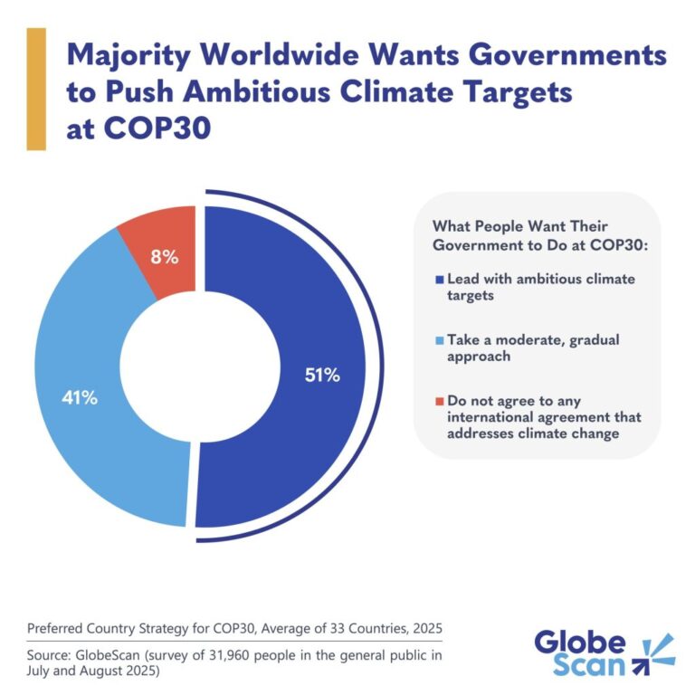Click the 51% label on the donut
point(321,375)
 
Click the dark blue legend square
point(438,280)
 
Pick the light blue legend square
point(438,339)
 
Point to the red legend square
point(438,400)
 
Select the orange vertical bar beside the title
point(36,88)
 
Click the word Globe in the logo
point(579,643)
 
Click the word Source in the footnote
point(51,652)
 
